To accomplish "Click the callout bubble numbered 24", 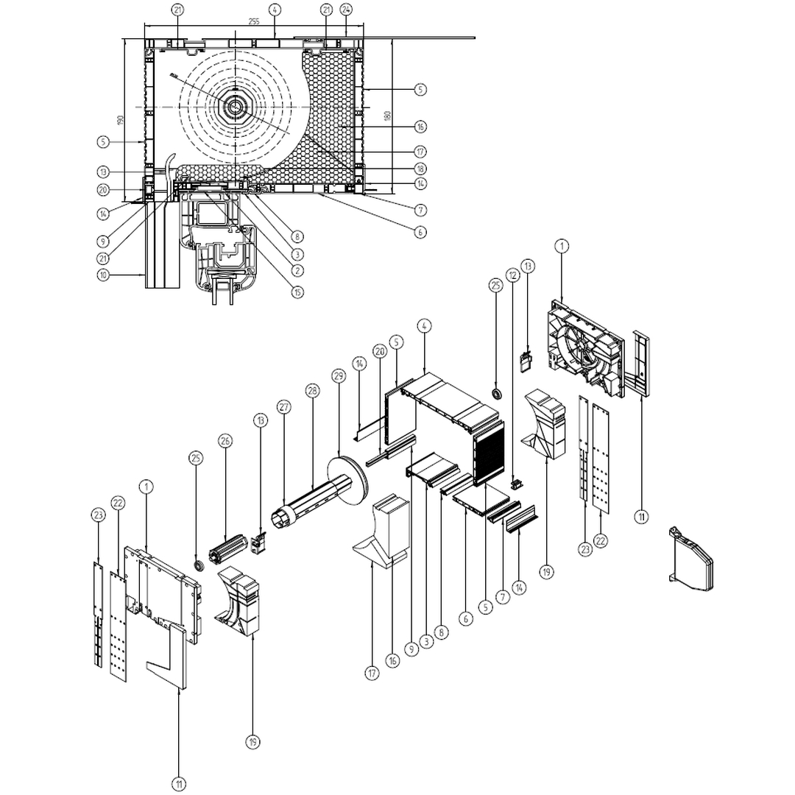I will [346, 10].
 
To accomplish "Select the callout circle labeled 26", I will [225, 440].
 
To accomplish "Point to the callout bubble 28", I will [312, 390].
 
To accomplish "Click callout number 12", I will [513, 274].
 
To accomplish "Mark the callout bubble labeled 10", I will [104, 275].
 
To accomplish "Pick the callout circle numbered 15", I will [297, 292].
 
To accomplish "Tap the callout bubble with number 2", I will [297, 272].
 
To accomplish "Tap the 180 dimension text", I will [387, 116].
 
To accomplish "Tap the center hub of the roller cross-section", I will [235, 107].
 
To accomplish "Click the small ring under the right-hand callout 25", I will [497, 395].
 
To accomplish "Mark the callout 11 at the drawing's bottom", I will [180, 785].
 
